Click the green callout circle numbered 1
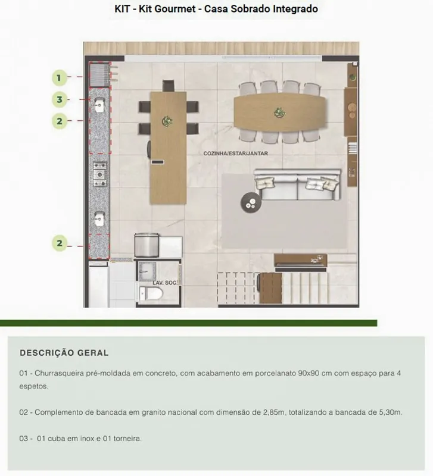tap(59, 78)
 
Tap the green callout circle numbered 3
tap(59, 99)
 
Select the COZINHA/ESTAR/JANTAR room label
tap(235, 154)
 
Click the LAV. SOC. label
tap(164, 283)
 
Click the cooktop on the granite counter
tap(99, 174)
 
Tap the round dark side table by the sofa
tap(251, 202)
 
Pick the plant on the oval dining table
tap(279, 112)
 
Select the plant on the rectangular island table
tap(167, 121)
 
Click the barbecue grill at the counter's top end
tap(99, 74)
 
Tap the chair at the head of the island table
tap(169, 86)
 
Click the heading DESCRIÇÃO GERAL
tap(64, 353)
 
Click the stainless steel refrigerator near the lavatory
tap(147, 245)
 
